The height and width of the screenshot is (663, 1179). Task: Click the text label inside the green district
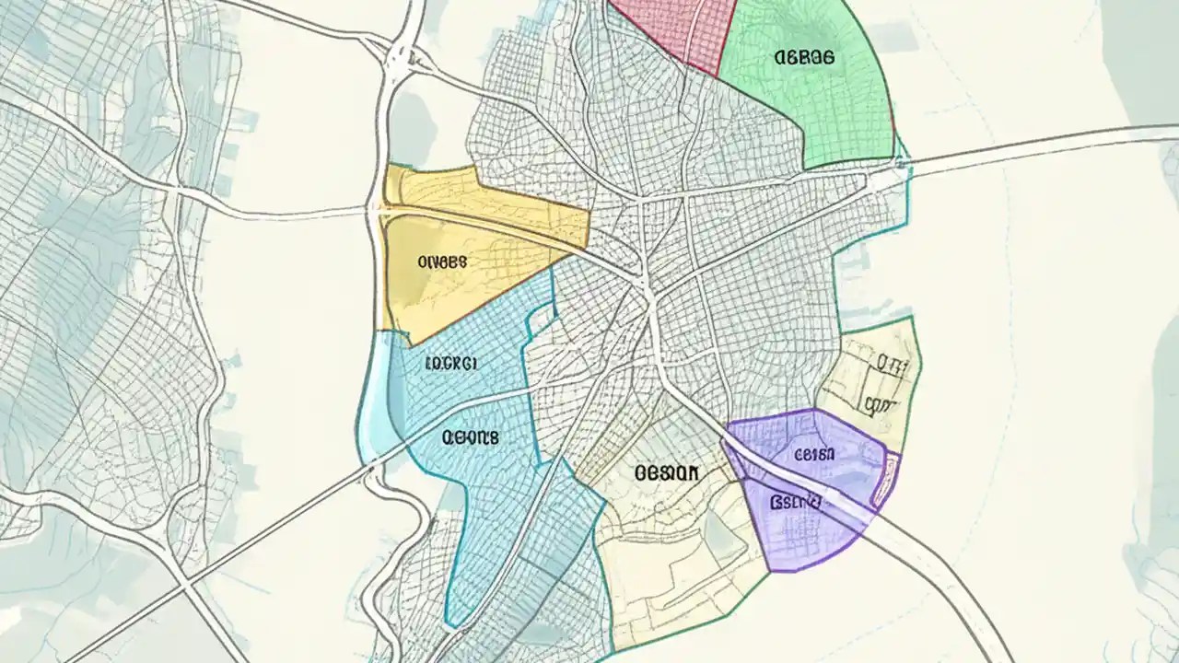[x=804, y=57]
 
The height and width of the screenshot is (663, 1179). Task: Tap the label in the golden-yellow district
[x=442, y=262]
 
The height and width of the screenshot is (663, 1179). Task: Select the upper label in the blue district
[x=450, y=364]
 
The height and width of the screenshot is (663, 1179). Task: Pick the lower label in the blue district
[x=470, y=438]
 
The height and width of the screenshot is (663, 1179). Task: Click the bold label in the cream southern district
[x=667, y=473]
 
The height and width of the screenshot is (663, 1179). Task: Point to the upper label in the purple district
[x=814, y=454]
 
